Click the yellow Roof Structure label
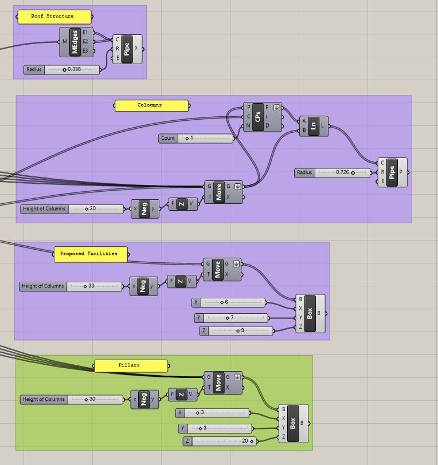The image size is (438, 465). (x=52, y=17)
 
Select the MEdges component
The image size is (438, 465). (x=75, y=42)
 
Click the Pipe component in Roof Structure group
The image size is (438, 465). (x=127, y=49)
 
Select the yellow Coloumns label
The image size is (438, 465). (x=151, y=105)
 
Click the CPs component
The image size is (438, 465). (x=259, y=117)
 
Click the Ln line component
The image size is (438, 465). (x=314, y=125)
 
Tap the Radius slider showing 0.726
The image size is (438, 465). (x=333, y=172)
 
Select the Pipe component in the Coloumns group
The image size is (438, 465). (x=392, y=172)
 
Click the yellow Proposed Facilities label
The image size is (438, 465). (x=90, y=254)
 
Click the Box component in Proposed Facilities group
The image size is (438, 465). (x=310, y=314)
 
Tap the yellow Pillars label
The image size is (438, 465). (x=131, y=365)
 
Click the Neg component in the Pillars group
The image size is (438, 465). (x=144, y=399)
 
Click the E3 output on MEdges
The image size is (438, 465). (x=85, y=51)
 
